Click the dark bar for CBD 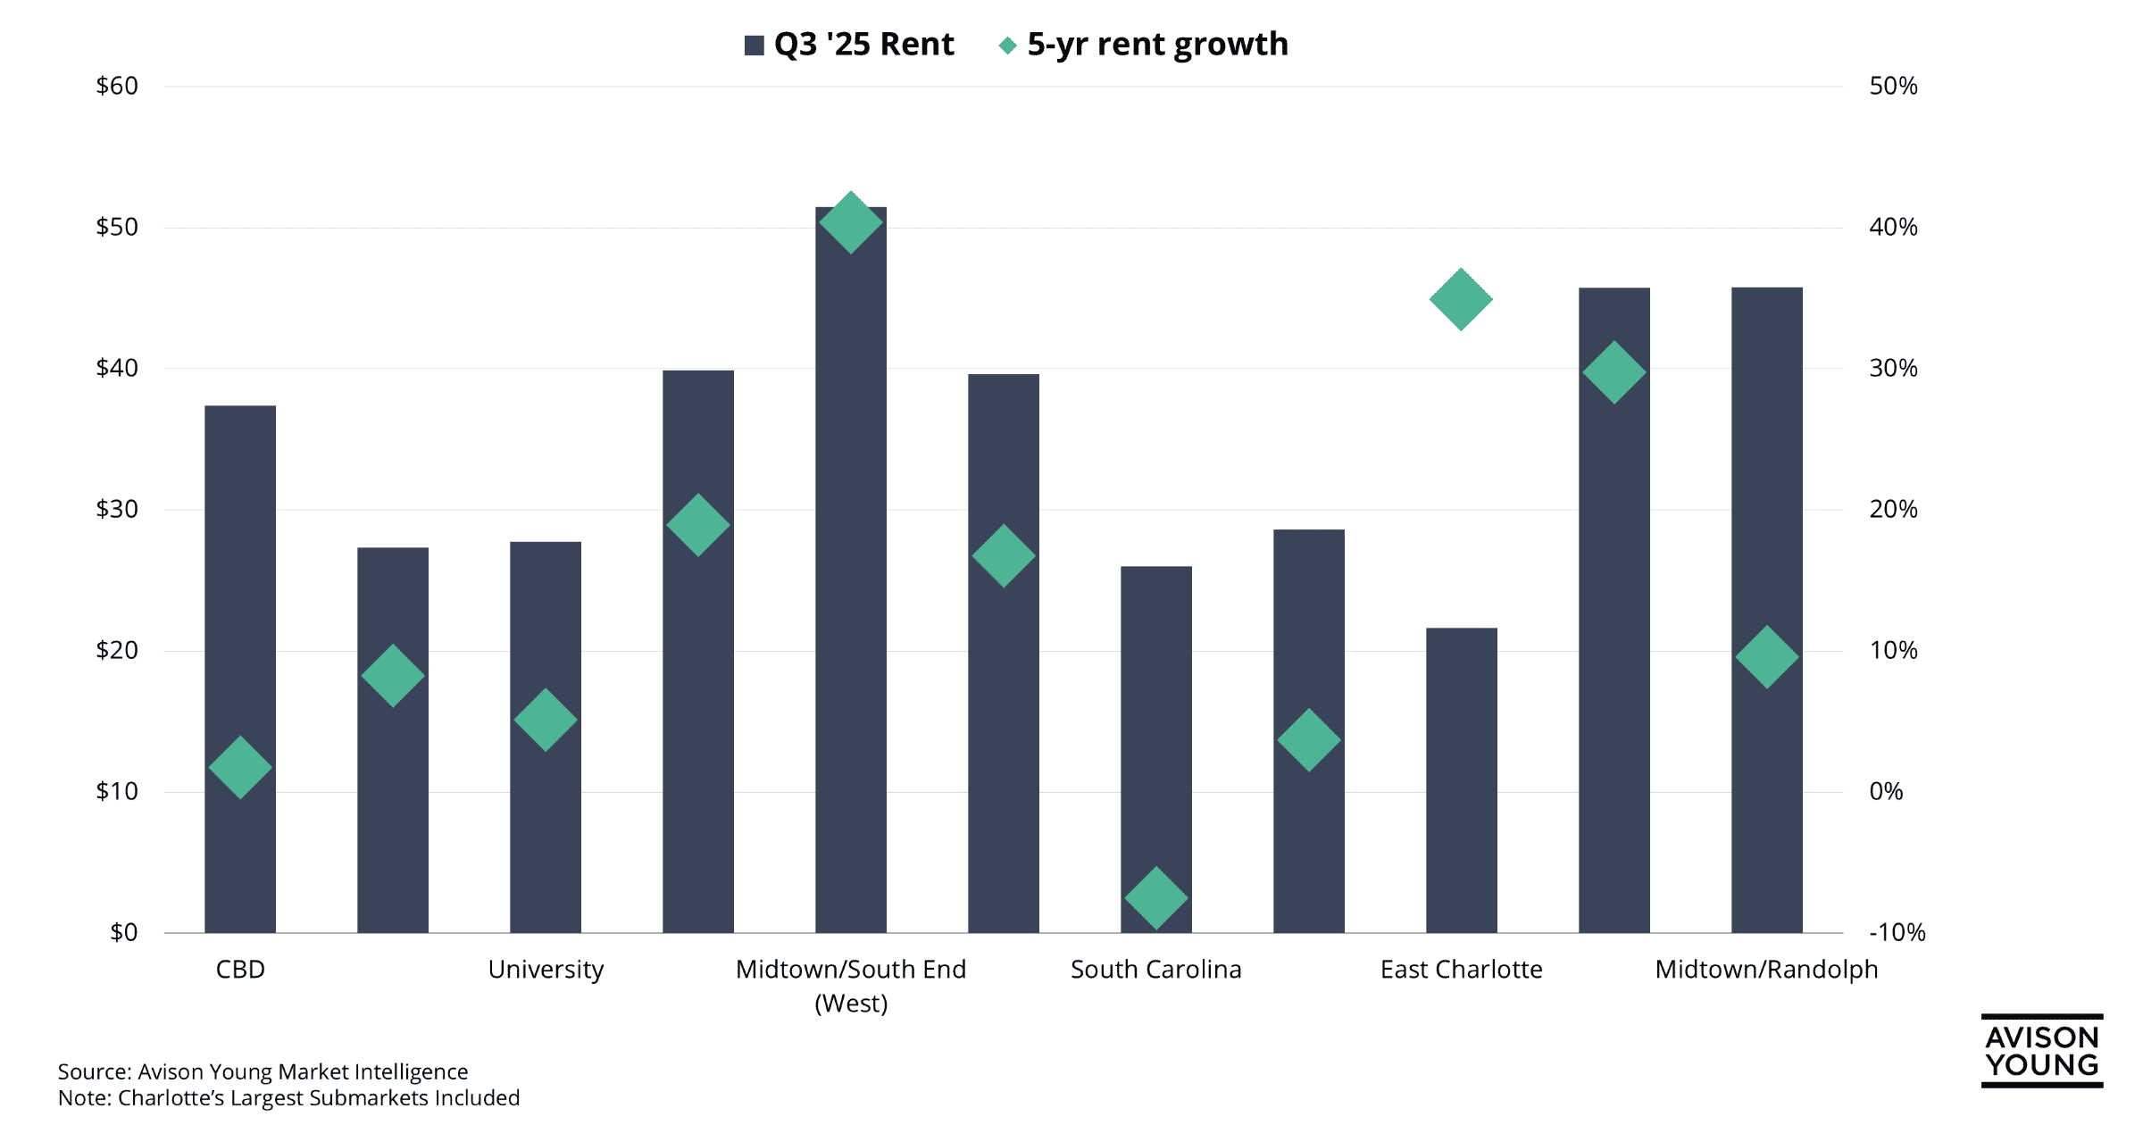pos(240,580)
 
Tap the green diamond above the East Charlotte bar pos(1461,299)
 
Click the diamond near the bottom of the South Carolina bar pos(1156,897)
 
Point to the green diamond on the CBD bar pos(240,767)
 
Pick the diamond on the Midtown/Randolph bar pos(1766,657)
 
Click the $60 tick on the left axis pos(117,87)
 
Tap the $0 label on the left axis pos(123,932)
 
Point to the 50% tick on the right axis pos(1893,87)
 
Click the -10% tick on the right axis pos(1897,932)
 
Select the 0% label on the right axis pos(1886,791)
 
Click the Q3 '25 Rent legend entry pos(849,44)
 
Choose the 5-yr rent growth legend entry pos(1144,44)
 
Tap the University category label pos(546,969)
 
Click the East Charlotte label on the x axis pos(1461,969)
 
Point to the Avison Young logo pos(2041,1051)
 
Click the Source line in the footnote pos(263,1071)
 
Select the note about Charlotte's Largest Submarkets pos(288,1097)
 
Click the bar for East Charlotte pos(1461,781)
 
